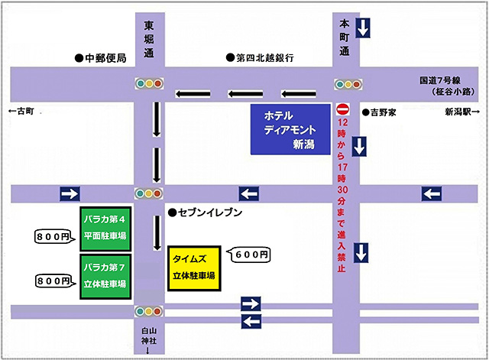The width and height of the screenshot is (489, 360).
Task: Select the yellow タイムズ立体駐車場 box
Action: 193,268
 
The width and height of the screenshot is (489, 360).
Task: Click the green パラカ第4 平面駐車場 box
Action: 106,228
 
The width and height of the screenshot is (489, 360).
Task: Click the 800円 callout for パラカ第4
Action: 55,237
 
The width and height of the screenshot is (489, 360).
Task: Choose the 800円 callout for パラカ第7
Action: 55,281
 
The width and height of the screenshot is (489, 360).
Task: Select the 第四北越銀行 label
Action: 260,58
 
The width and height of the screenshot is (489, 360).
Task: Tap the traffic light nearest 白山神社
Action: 148,311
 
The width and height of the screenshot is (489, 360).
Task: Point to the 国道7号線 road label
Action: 441,80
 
